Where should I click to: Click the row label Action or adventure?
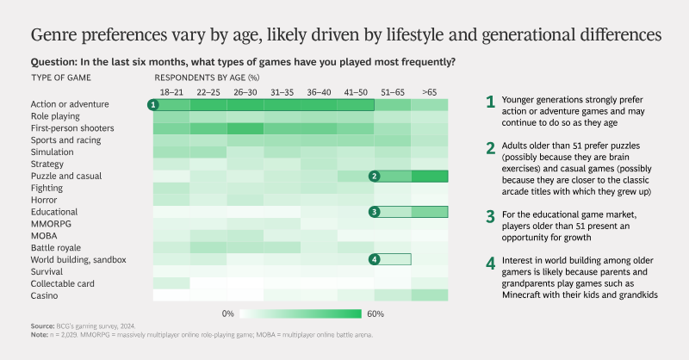70,104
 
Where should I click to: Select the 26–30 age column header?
245,92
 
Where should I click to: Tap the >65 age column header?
429,92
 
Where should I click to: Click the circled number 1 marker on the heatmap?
153,105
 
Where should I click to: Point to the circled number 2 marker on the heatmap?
375,177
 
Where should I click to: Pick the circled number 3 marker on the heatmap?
375,212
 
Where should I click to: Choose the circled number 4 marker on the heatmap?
375,259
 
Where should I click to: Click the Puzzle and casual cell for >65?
430,177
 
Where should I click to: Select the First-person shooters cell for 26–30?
245,128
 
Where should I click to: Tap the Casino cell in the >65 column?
430,295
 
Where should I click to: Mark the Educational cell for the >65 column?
430,212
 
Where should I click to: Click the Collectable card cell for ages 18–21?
171,283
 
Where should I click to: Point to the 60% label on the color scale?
376,313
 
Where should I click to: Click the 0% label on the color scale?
228,313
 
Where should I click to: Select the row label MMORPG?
51,224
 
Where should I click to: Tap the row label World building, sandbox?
78,260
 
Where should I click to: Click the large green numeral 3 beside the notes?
490,217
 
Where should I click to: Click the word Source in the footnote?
42,326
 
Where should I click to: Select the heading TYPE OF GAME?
61,78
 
